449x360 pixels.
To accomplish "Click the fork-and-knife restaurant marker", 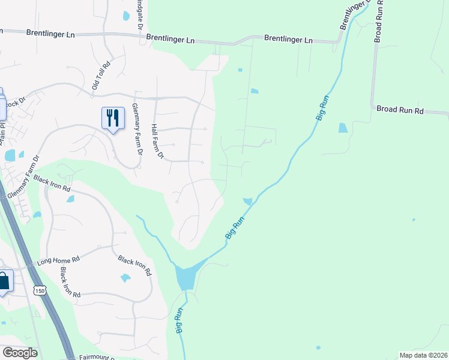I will point(112,117).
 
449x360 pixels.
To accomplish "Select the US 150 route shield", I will point(40,290).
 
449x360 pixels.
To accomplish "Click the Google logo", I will point(19,353).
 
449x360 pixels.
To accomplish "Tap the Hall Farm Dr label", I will point(157,142).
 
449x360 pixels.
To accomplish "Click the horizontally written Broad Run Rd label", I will point(400,110).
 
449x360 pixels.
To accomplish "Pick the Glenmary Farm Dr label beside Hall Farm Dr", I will point(136,129).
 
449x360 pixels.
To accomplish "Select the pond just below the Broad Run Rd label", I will point(343,128).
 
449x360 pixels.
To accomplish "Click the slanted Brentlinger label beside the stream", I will point(352,14).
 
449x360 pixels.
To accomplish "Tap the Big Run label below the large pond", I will point(179,321).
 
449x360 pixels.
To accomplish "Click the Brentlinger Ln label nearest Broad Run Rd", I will point(289,40).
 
